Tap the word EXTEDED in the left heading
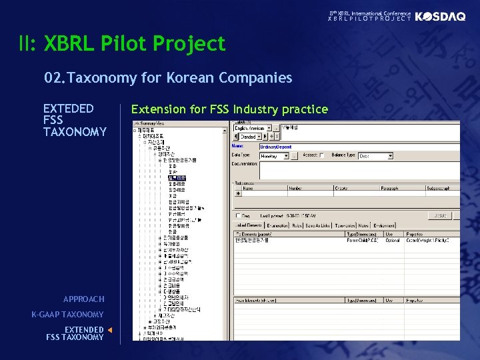pos(68,109)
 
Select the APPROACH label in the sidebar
pos(83,299)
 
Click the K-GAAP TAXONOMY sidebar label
pos(67,315)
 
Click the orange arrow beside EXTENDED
pos(110,329)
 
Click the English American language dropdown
pos(275,127)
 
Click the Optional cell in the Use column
pos(393,240)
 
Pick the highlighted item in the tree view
pos(177,178)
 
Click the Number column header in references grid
pos(295,188)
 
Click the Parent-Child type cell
pos(362,240)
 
